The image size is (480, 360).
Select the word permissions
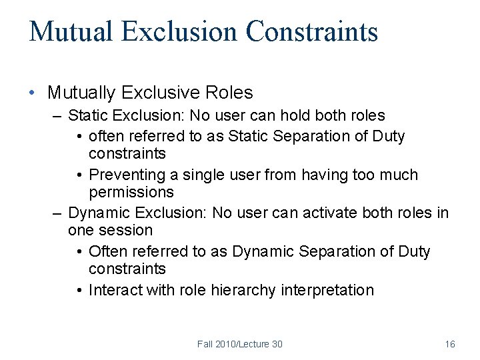coord(131,192)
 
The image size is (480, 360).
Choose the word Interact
coord(115,290)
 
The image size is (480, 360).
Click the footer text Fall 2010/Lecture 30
coord(239,344)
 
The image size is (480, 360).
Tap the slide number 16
coord(450,344)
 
